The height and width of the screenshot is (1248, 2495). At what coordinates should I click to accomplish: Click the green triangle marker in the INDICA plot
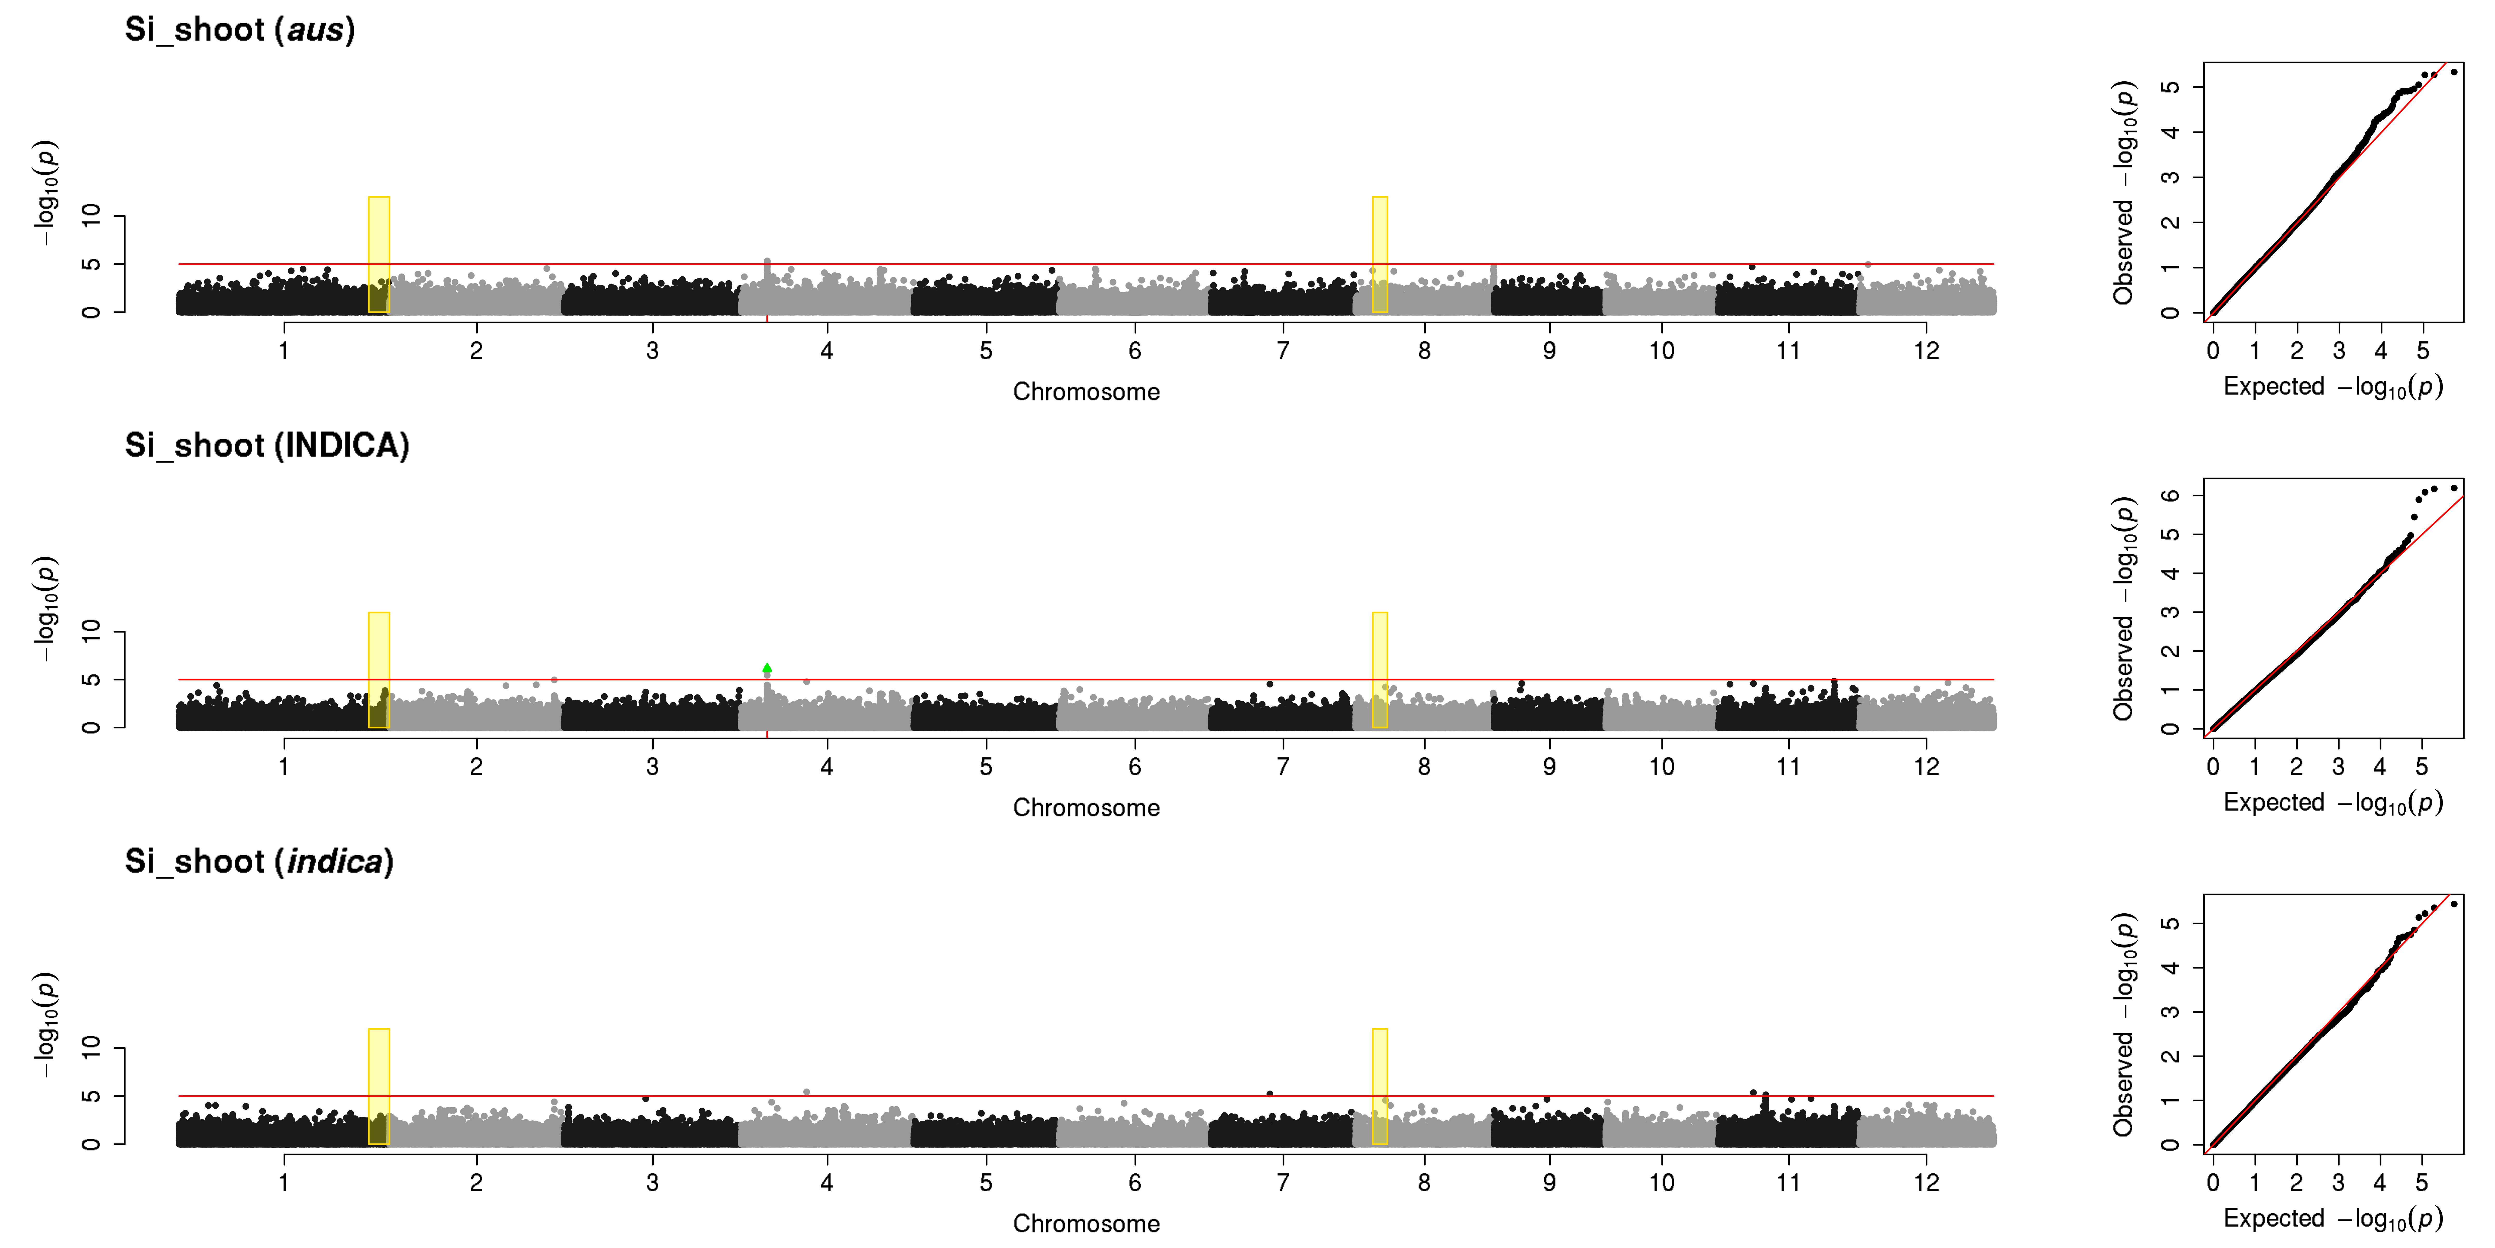[767, 668]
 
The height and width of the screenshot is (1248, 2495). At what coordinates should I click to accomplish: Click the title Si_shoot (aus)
[240, 30]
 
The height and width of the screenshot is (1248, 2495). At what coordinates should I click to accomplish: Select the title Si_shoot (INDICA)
[267, 446]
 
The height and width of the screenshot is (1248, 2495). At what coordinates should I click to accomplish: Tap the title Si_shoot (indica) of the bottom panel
[260, 861]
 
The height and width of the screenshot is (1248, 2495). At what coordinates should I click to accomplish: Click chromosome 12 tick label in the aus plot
[1926, 351]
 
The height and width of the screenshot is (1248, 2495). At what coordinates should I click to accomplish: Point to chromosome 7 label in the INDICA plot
[1283, 766]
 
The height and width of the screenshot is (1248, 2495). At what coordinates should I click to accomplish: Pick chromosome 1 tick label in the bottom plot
[284, 1182]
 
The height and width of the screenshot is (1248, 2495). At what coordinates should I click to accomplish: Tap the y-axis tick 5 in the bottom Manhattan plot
[91, 1096]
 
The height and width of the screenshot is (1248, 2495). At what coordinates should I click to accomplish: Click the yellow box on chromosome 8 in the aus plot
[1379, 255]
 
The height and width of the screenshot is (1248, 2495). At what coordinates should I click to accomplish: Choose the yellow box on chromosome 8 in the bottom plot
[1379, 1086]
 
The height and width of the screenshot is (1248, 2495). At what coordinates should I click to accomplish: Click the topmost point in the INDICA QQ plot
[2453, 487]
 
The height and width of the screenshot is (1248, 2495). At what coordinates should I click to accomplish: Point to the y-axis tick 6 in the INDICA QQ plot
[2171, 495]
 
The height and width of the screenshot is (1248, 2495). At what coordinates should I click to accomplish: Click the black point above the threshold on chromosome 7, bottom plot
[1270, 1093]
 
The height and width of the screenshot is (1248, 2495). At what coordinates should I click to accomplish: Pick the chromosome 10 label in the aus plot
[1662, 351]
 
